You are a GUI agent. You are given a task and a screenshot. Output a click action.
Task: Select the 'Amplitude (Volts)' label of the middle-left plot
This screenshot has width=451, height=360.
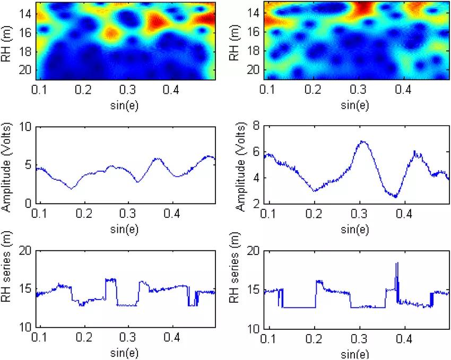(x=7, y=165)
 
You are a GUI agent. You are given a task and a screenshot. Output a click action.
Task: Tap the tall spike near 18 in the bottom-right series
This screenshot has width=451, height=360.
(x=396, y=264)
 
